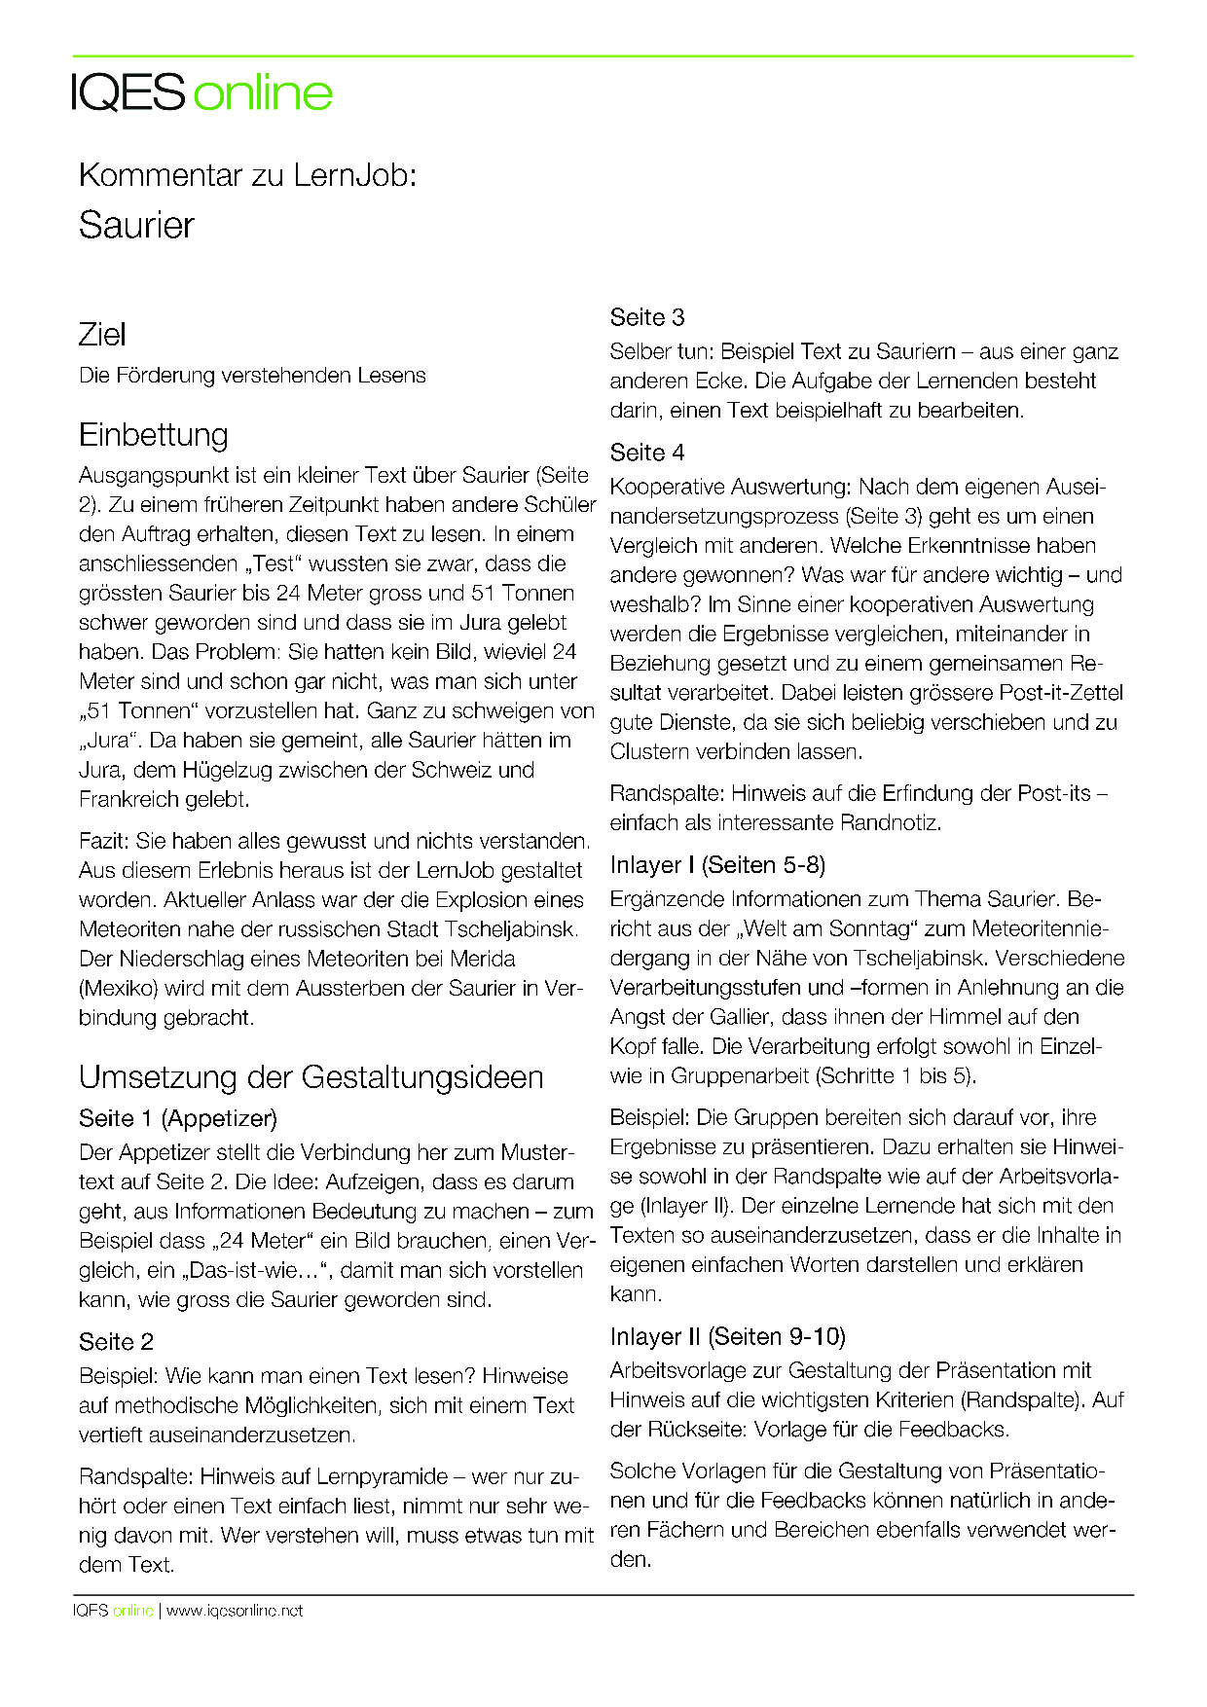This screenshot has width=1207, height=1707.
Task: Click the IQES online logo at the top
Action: (x=202, y=92)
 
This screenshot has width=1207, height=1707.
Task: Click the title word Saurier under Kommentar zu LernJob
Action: (x=136, y=226)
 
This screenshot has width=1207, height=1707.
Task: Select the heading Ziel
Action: (x=102, y=335)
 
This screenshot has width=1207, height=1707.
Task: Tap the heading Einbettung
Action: (x=154, y=434)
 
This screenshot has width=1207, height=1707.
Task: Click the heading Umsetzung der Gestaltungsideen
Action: (x=311, y=1077)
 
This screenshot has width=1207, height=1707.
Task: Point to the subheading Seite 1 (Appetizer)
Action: (x=178, y=1118)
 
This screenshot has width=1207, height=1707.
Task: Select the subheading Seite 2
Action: (x=116, y=1342)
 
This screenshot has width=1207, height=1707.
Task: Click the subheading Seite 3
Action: (x=647, y=317)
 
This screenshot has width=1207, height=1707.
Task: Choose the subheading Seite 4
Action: (x=647, y=453)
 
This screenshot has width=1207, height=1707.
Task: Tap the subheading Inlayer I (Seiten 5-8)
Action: (x=717, y=865)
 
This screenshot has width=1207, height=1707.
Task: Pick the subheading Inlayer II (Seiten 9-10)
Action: (x=727, y=1336)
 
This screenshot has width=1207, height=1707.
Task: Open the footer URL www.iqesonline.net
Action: (x=235, y=1611)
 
